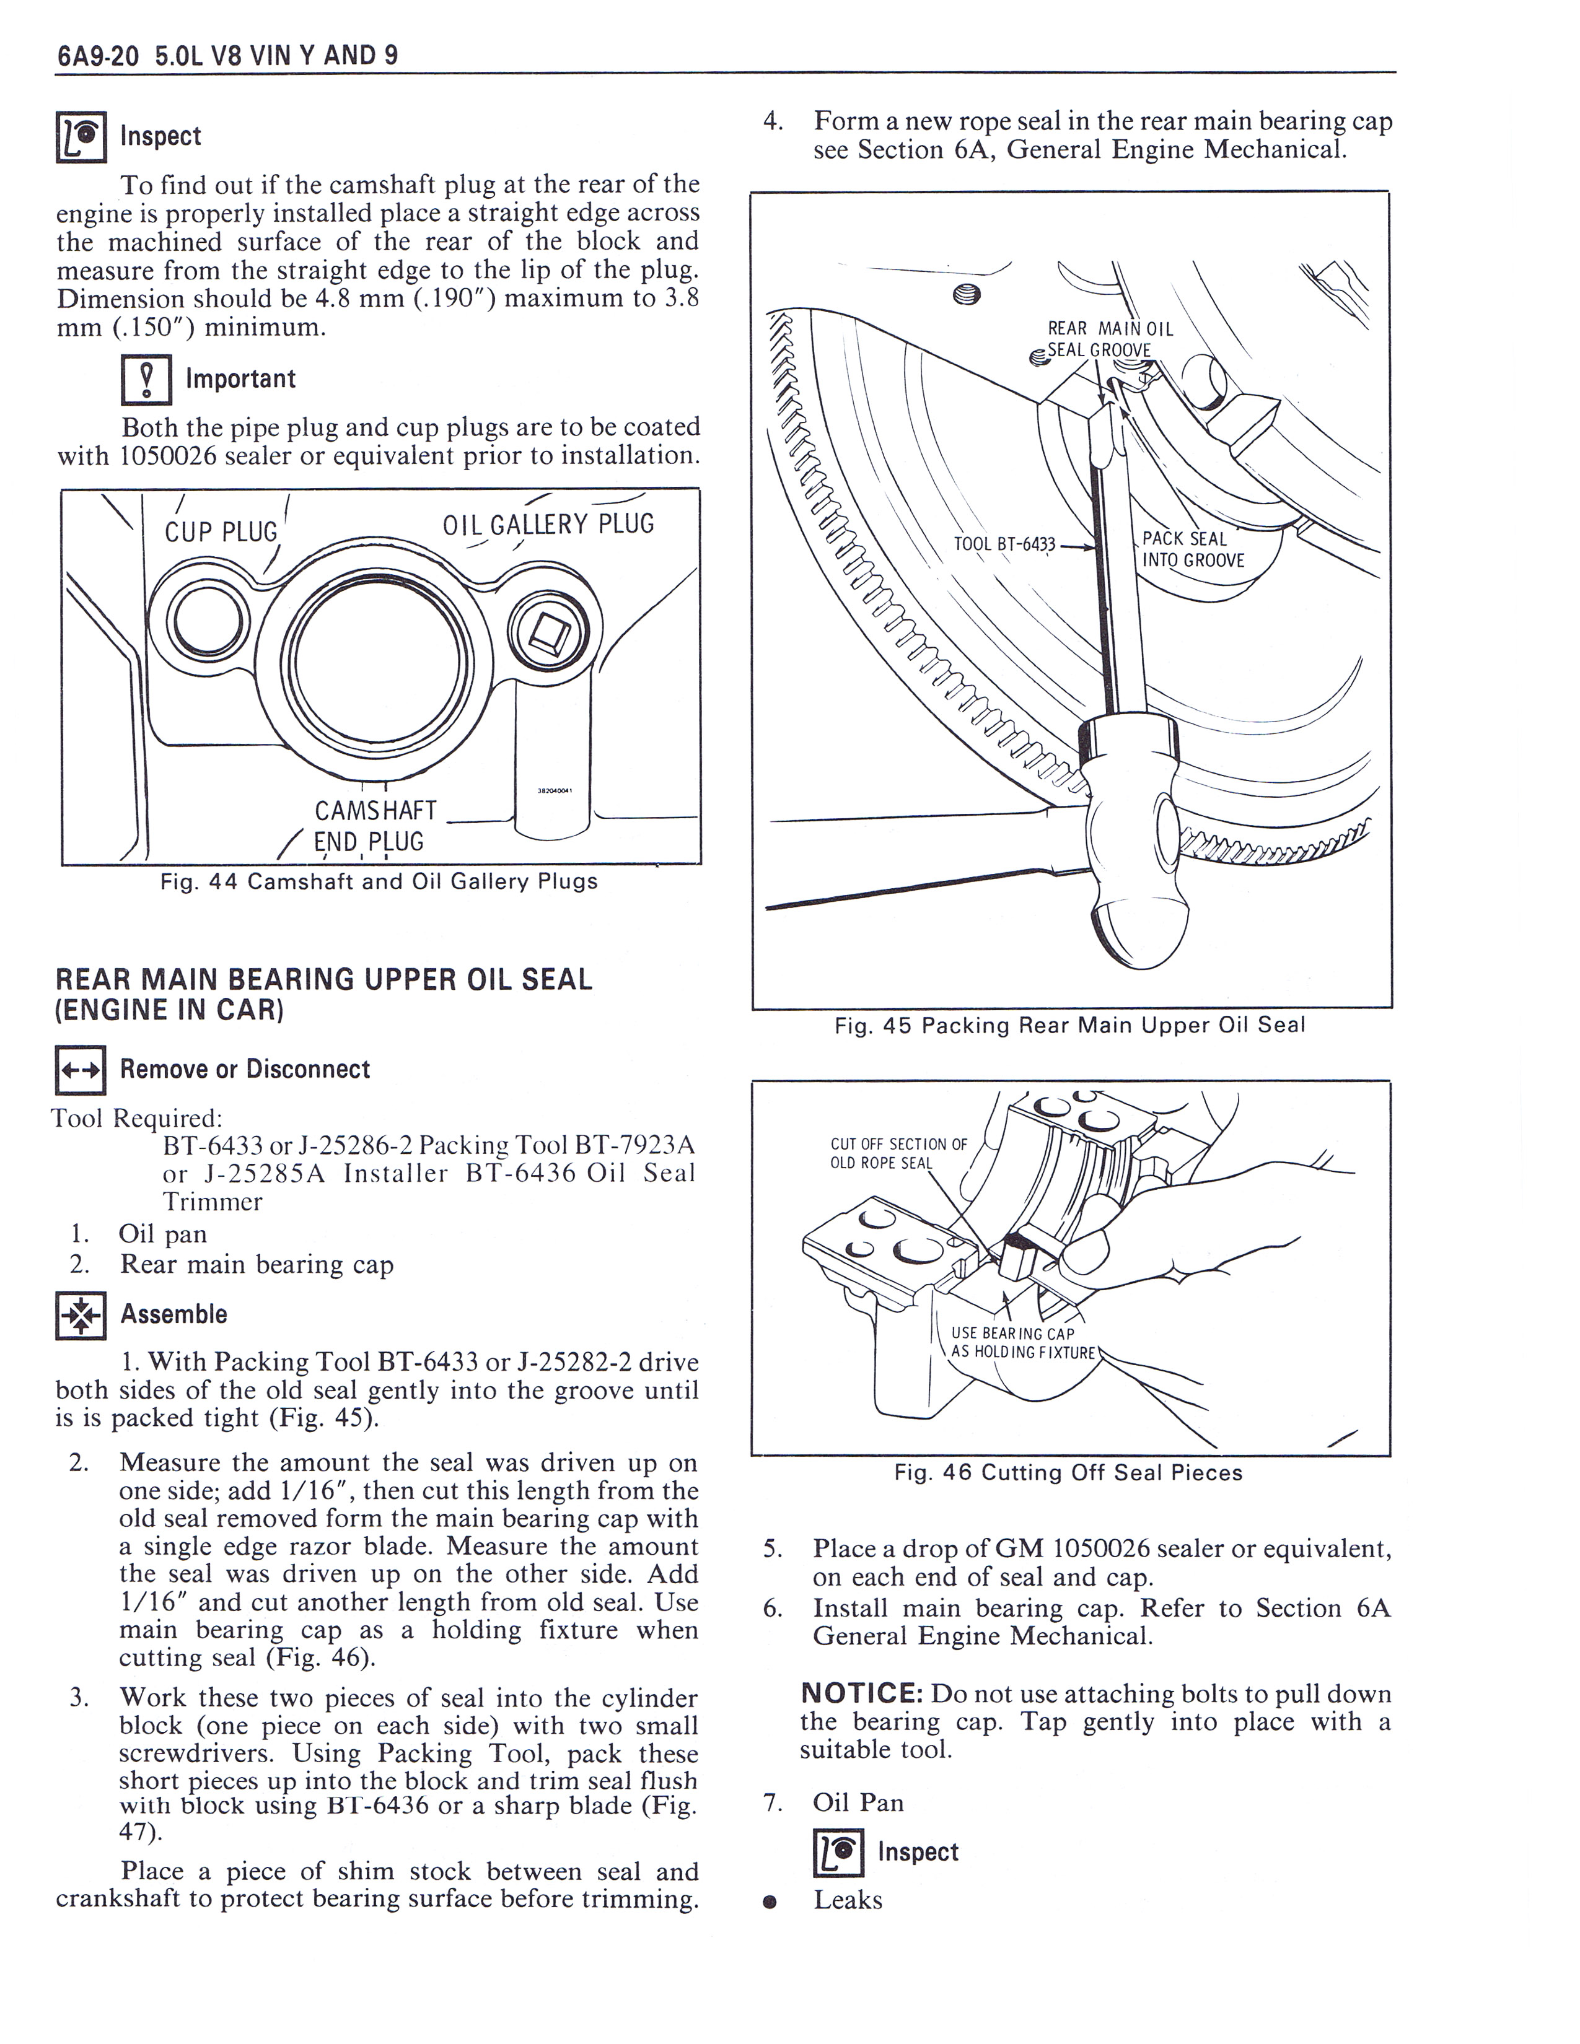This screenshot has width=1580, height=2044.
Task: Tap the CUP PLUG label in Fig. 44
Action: [221, 531]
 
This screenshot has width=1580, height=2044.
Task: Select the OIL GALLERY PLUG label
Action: [548, 524]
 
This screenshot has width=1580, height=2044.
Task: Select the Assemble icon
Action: [81, 1315]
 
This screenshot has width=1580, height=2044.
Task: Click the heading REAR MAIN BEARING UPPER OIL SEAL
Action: [324, 980]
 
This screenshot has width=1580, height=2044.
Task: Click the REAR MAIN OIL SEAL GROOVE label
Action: [1107, 339]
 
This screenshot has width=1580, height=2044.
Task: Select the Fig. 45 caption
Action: [1069, 1026]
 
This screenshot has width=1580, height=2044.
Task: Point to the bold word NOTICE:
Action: [862, 1694]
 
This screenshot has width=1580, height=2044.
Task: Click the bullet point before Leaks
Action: [770, 1901]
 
